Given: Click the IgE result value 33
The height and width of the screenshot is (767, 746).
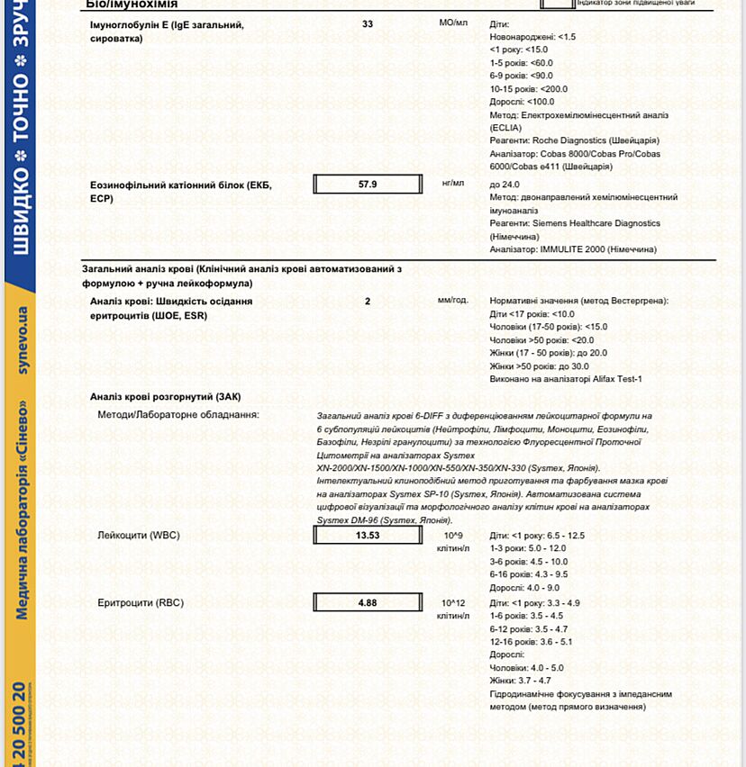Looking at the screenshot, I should [368, 24].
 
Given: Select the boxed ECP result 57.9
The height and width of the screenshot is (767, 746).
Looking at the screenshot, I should [368, 184].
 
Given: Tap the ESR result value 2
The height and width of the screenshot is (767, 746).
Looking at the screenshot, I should [368, 301].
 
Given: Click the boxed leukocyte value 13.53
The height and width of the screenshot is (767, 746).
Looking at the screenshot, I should [368, 536].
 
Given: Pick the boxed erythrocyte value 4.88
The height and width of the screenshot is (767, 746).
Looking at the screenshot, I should [368, 603].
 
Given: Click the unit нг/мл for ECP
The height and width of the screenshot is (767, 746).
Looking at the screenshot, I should [453, 183].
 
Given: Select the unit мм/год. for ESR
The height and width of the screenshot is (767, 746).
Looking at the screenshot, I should [453, 300].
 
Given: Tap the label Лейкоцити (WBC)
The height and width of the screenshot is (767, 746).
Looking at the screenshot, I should [139, 536].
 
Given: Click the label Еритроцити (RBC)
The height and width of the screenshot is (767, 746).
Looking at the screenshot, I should [141, 603].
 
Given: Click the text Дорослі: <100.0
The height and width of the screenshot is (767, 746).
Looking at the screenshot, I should [523, 102].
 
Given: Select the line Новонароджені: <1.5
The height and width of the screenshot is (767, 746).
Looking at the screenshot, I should [533, 37].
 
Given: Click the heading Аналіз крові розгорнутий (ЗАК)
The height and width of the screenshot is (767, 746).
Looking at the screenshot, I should [166, 397].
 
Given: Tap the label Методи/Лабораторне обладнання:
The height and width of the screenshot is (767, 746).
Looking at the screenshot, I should [178, 414].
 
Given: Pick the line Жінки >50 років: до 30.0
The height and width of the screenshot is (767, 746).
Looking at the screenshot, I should [540, 366].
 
